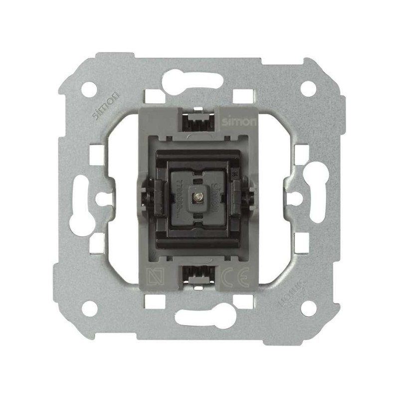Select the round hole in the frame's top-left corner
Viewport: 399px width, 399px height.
click(x=89, y=89)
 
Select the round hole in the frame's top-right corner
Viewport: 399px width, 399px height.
click(x=308, y=88)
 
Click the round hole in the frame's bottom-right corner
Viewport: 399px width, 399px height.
click(x=309, y=308)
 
